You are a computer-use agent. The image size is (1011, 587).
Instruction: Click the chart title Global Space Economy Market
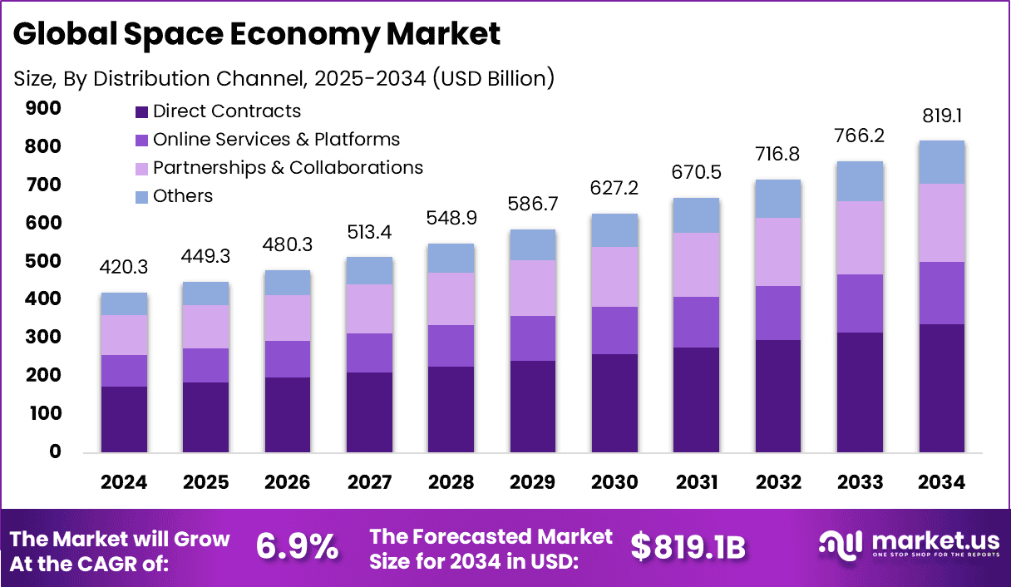click(258, 34)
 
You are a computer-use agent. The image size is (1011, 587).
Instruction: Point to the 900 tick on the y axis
click(43, 108)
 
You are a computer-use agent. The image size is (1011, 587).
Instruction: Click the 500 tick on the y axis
click(43, 261)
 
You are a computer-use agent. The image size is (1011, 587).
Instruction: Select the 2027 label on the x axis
click(369, 483)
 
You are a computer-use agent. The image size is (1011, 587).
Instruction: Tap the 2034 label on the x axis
click(941, 483)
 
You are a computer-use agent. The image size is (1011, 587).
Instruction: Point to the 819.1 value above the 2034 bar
click(941, 117)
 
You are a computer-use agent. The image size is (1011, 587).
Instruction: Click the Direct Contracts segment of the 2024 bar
click(124, 419)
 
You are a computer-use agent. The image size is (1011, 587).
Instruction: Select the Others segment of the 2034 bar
click(941, 162)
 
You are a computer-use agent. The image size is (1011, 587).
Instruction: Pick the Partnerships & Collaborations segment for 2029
click(533, 288)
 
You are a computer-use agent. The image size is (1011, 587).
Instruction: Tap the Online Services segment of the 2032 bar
click(777, 313)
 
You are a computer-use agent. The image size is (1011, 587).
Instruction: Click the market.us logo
click(909, 545)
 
